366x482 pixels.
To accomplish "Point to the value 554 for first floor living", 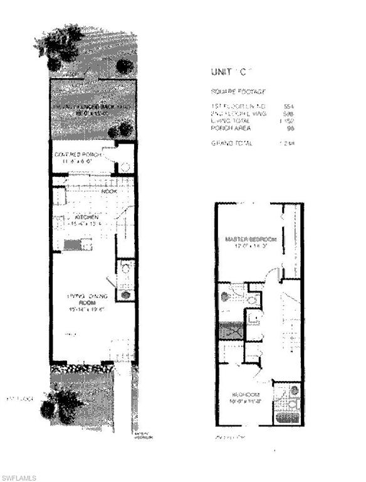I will coord(289,106).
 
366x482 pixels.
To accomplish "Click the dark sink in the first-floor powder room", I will coord(126,294).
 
